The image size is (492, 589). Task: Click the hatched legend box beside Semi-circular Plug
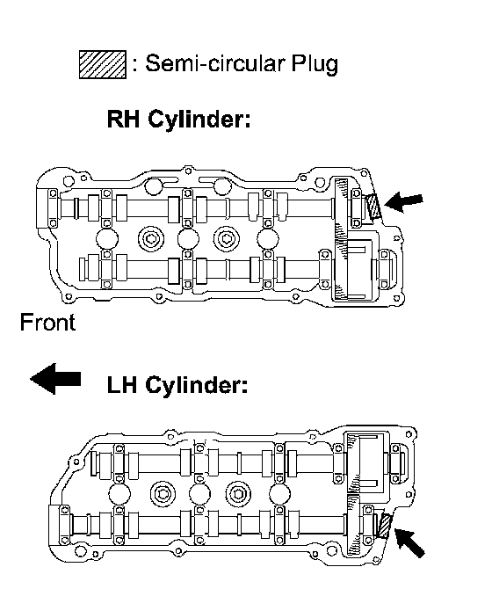(x=103, y=64)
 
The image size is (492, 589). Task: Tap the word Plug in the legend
(x=315, y=64)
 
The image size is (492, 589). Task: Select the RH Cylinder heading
(x=178, y=120)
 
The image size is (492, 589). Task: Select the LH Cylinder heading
(x=177, y=385)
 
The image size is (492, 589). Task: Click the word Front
(x=47, y=323)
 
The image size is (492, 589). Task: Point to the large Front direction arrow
(x=55, y=379)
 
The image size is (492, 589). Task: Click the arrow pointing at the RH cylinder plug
(x=403, y=202)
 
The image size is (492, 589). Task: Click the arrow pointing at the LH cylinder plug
(x=409, y=542)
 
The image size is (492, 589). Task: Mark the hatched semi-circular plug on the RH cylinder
(x=374, y=207)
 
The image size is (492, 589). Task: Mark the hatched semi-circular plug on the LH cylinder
(x=385, y=527)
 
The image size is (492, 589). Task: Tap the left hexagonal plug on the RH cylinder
(x=151, y=239)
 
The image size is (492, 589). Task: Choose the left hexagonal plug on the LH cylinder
(x=163, y=493)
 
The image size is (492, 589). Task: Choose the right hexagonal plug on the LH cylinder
(x=239, y=493)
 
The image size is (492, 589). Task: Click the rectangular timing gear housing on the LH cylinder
(x=368, y=462)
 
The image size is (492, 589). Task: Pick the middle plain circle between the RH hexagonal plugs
(x=188, y=239)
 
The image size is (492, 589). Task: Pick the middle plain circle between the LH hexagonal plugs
(x=199, y=493)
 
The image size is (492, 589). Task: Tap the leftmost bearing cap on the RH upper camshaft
(x=53, y=208)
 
